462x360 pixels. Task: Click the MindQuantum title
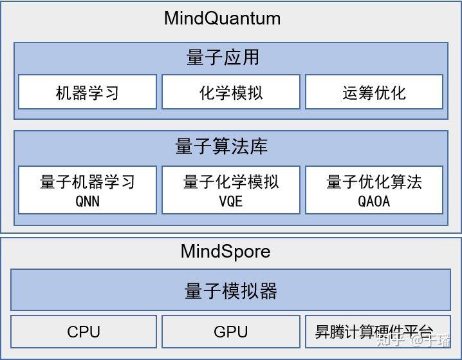222,18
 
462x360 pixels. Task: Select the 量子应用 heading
223,57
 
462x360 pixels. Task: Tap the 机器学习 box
88,93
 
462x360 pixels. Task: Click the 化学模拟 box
230,93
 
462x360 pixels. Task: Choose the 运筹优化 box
374,93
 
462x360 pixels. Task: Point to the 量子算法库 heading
221,147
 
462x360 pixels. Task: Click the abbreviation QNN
88,201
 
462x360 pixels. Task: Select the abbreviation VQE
230,201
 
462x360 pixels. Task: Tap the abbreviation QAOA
374,201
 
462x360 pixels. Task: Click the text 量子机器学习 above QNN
88,182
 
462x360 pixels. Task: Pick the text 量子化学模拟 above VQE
230,182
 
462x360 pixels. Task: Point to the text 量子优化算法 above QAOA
374,182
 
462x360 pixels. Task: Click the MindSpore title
225,251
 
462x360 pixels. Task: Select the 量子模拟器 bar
230,291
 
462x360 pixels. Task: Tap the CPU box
84,332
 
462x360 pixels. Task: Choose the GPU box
230,332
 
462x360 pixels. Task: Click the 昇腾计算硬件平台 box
374,332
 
